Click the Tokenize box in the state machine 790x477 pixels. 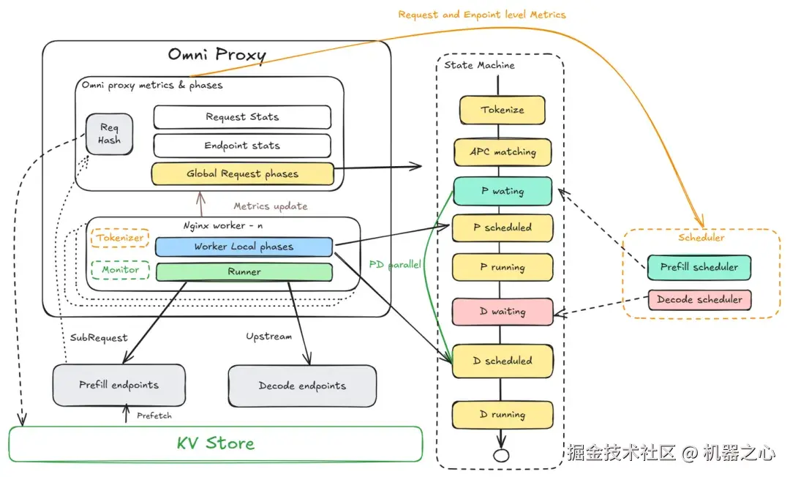(x=502, y=110)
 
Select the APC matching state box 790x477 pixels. (x=502, y=152)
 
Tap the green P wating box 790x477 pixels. (x=502, y=191)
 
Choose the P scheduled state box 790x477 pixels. (x=502, y=228)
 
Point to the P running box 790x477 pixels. (x=502, y=267)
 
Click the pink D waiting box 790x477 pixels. (x=502, y=312)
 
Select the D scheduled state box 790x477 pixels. (x=502, y=361)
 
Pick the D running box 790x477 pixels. (x=502, y=415)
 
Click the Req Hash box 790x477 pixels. (x=109, y=134)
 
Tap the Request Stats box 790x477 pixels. (x=241, y=117)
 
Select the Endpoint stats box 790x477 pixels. (x=241, y=146)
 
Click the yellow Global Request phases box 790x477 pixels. (x=242, y=174)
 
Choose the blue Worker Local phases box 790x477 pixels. (x=244, y=247)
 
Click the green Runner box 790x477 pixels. (x=244, y=271)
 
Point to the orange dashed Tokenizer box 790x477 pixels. (x=120, y=238)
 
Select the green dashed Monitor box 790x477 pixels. (x=120, y=270)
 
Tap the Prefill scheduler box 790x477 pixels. (x=699, y=267)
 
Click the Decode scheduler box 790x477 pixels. (x=699, y=299)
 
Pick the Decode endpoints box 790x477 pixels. (x=302, y=386)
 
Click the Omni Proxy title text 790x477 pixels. (x=217, y=55)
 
